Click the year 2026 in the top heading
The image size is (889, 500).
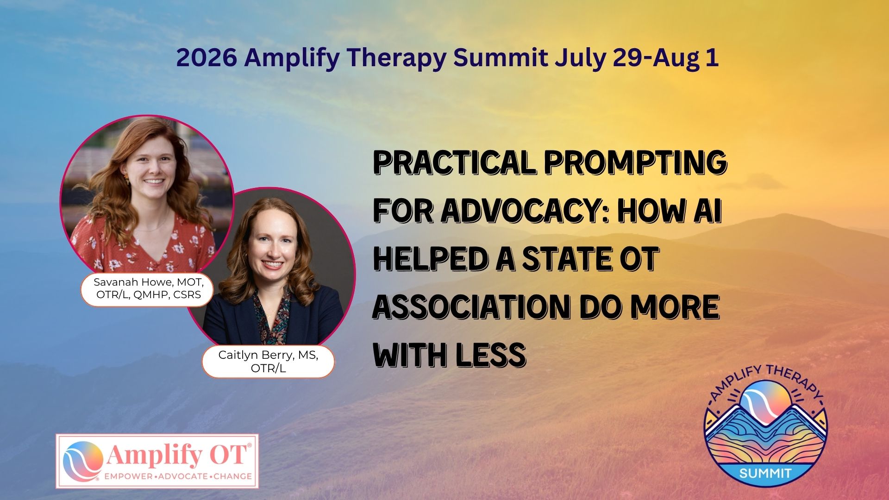207,58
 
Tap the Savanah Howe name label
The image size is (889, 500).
148,288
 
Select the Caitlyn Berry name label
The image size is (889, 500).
268,361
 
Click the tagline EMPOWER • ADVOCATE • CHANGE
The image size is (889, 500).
178,476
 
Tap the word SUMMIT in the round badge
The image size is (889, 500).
765,473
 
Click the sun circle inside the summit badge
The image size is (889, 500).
765,402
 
